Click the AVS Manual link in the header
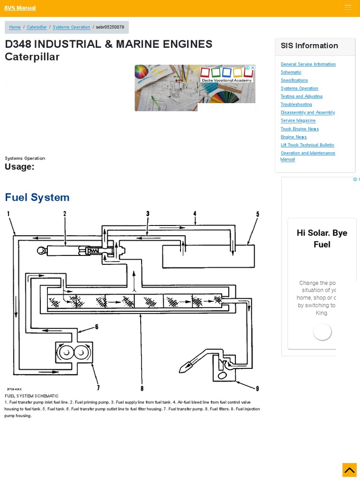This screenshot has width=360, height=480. click(x=20, y=8)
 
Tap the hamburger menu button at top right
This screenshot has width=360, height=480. click(x=348, y=7)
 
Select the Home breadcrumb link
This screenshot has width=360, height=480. click(x=15, y=27)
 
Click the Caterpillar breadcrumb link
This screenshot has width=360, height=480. click(x=37, y=27)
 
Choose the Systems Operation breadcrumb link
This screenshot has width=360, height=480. click(x=71, y=27)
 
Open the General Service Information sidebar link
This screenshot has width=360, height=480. click(x=308, y=64)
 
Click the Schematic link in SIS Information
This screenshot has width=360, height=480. click(x=291, y=72)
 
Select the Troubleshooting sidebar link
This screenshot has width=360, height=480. click(x=296, y=105)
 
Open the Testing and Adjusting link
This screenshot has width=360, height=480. click(x=301, y=97)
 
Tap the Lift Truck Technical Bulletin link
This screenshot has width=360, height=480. click(x=307, y=145)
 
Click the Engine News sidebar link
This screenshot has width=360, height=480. click(x=293, y=137)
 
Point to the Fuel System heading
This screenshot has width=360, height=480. click(x=37, y=197)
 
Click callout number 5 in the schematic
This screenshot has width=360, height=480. click(x=257, y=214)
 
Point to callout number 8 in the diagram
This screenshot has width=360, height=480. click(x=142, y=388)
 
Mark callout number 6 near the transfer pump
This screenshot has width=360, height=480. click(x=97, y=327)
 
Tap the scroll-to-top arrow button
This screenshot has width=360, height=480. click(x=349, y=470)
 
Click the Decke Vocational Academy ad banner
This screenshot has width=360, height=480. click(x=195, y=88)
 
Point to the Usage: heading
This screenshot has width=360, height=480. click(x=19, y=167)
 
